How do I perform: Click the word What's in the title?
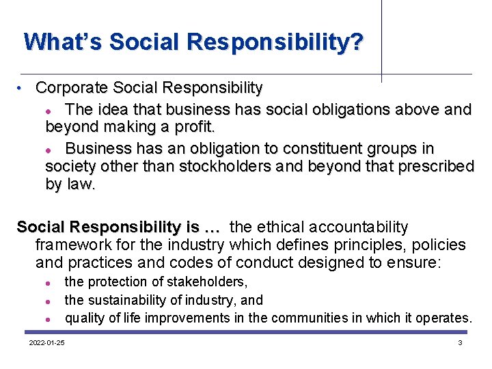coord(61,42)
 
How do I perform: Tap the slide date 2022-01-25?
coord(46,342)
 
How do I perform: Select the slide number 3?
coord(460,342)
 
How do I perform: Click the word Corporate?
coord(72,88)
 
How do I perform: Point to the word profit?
coord(195,127)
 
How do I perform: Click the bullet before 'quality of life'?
coord(50,319)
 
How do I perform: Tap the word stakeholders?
coord(213,282)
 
